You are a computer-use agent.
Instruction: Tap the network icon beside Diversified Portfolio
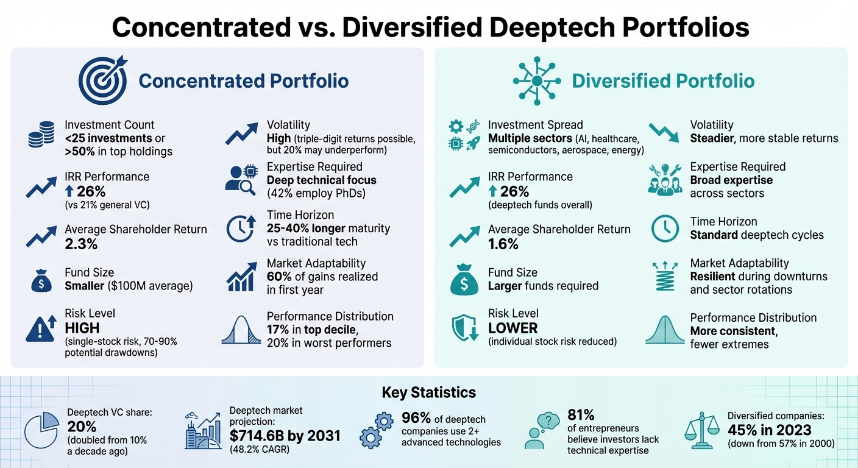click(x=536, y=80)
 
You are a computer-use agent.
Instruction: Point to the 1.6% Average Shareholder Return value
click(x=503, y=244)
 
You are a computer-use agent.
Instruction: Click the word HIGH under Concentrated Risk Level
click(x=82, y=328)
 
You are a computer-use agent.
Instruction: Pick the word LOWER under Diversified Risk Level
click(x=513, y=328)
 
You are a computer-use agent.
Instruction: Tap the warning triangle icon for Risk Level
click(x=41, y=329)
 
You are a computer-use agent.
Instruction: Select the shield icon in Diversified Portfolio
click(x=464, y=328)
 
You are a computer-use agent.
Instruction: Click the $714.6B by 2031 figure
click(x=285, y=436)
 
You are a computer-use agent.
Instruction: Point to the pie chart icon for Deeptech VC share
click(x=41, y=431)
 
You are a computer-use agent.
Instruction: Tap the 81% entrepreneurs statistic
click(x=581, y=414)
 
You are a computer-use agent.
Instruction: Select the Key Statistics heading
click(x=428, y=392)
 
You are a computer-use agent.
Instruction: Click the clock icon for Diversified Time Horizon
click(x=665, y=229)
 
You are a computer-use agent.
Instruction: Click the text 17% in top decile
click(x=311, y=330)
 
